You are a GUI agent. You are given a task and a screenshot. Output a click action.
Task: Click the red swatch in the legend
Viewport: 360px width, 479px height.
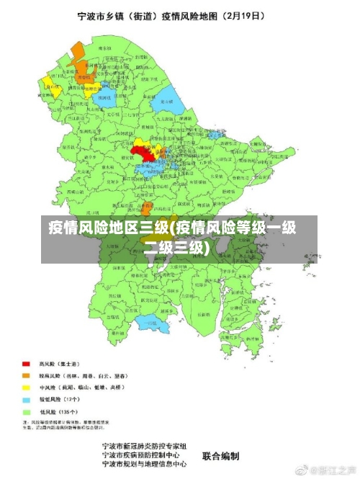(27, 364)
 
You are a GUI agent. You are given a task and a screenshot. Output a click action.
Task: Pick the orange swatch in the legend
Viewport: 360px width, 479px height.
(27, 375)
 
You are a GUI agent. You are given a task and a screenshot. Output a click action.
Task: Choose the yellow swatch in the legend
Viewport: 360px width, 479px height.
(27, 387)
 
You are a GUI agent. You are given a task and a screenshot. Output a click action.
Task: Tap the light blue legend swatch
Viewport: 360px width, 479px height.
(27, 398)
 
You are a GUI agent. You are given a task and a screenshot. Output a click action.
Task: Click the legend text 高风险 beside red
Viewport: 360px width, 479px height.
(47, 364)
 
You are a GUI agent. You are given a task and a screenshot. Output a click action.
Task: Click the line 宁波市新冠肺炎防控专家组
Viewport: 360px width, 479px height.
(145, 447)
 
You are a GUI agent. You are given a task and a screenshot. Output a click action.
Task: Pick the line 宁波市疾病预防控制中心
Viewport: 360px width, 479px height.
(145, 455)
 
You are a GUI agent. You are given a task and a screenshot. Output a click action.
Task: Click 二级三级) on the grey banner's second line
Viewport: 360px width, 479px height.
(176, 249)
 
